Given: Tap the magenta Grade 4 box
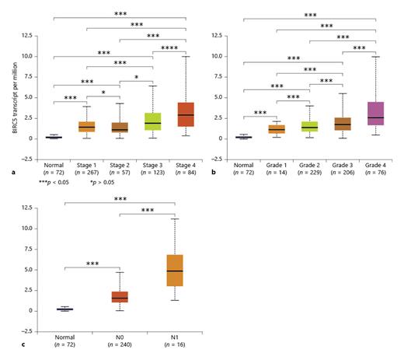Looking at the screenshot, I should click(376, 114).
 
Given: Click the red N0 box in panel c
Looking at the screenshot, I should click(120, 298).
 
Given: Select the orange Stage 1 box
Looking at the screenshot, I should click(86, 126).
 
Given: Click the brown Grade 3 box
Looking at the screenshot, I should click(343, 124).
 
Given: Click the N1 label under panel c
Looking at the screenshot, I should click(175, 336).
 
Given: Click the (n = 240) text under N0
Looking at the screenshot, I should click(120, 344).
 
